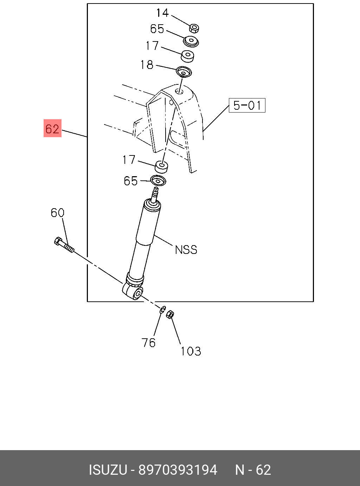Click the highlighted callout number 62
click(52, 128)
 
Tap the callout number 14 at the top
click(162, 13)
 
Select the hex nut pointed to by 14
click(194, 28)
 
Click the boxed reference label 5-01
click(247, 105)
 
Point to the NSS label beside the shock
click(186, 250)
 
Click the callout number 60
click(57, 213)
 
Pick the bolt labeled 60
click(64, 245)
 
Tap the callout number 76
click(148, 343)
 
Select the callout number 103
click(191, 351)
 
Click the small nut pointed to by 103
click(170, 314)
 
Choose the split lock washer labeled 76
click(162, 309)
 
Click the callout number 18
click(147, 65)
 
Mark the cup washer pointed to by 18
click(184, 72)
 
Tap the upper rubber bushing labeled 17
click(187, 56)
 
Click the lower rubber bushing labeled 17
click(161, 167)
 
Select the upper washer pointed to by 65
click(191, 41)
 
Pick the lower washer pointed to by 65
click(158, 180)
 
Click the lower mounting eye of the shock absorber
click(133, 292)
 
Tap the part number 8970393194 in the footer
click(178, 470)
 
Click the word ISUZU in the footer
click(108, 470)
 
